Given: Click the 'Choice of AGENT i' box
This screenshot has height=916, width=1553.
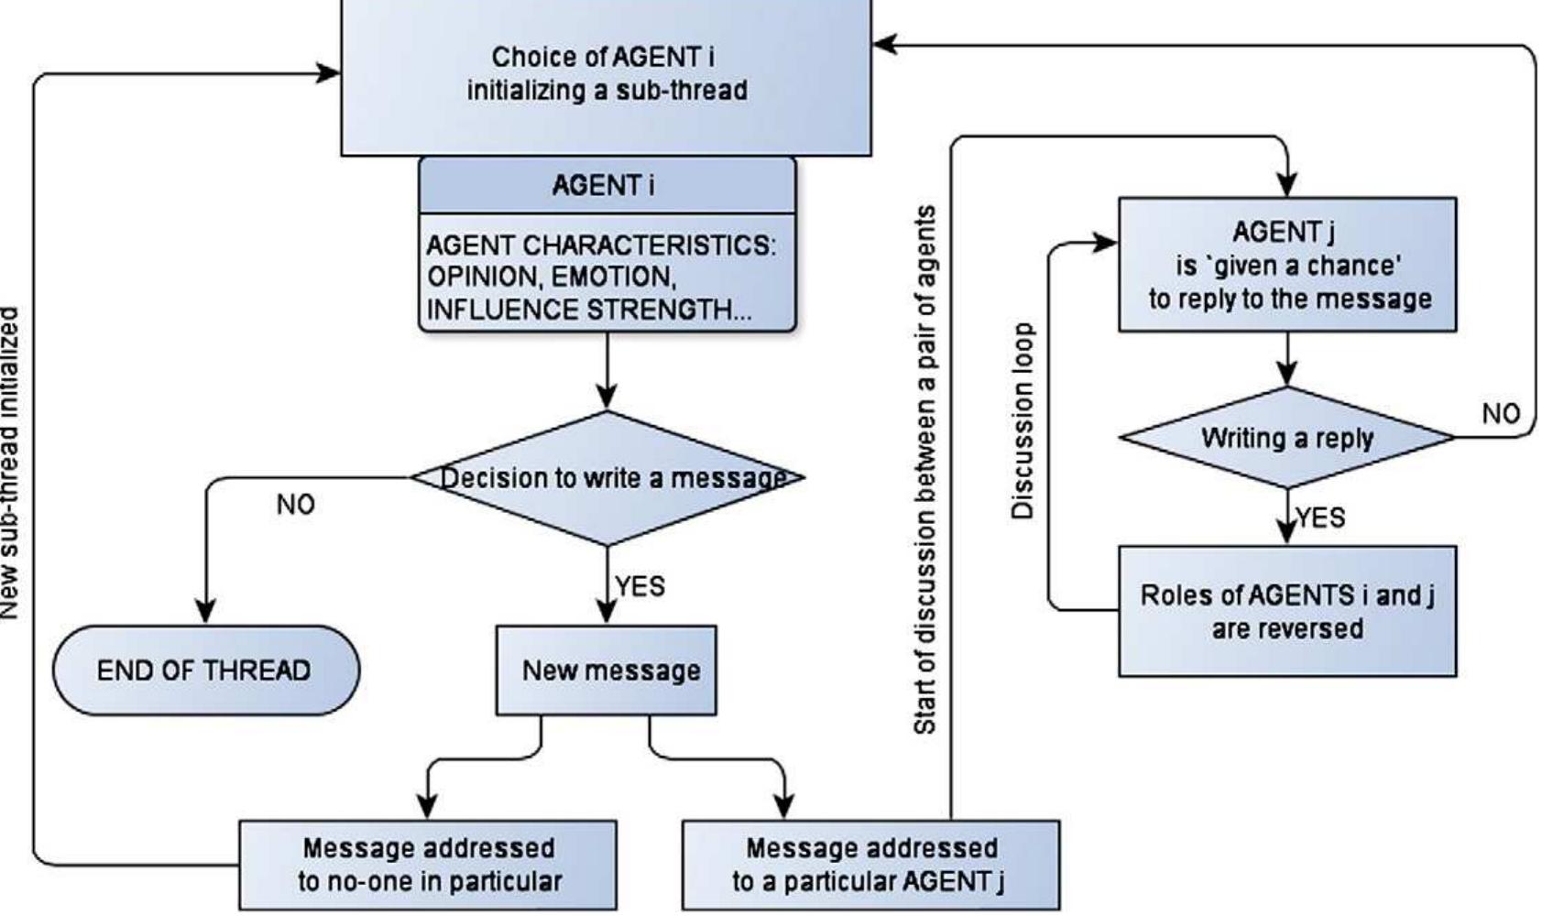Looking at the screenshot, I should (606, 74).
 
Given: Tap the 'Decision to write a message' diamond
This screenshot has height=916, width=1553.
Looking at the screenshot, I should (607, 478).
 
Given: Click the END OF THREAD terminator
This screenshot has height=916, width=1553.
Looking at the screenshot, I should (205, 671).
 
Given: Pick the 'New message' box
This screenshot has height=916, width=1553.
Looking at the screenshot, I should (607, 671).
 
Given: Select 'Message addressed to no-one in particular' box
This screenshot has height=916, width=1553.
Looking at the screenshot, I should (428, 865).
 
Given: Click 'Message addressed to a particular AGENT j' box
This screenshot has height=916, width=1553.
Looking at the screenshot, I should (870, 865).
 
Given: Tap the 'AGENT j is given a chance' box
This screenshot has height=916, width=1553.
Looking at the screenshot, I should (1287, 265).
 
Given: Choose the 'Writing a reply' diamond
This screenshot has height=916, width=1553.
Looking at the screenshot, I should (1287, 438).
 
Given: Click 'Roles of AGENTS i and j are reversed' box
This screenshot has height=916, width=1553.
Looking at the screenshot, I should (1287, 612).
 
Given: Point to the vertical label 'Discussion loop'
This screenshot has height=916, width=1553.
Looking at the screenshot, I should (1023, 421).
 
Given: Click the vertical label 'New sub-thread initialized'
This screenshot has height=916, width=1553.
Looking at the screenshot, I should (9, 463).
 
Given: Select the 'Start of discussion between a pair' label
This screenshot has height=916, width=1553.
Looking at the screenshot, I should (925, 470).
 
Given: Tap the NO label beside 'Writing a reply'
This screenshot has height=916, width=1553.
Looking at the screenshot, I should (1501, 414).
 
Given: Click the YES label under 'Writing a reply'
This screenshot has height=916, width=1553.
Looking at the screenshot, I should (1321, 518).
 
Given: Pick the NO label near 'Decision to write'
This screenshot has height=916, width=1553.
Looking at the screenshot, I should (295, 505).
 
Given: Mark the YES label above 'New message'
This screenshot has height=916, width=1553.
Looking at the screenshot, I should (640, 586).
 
